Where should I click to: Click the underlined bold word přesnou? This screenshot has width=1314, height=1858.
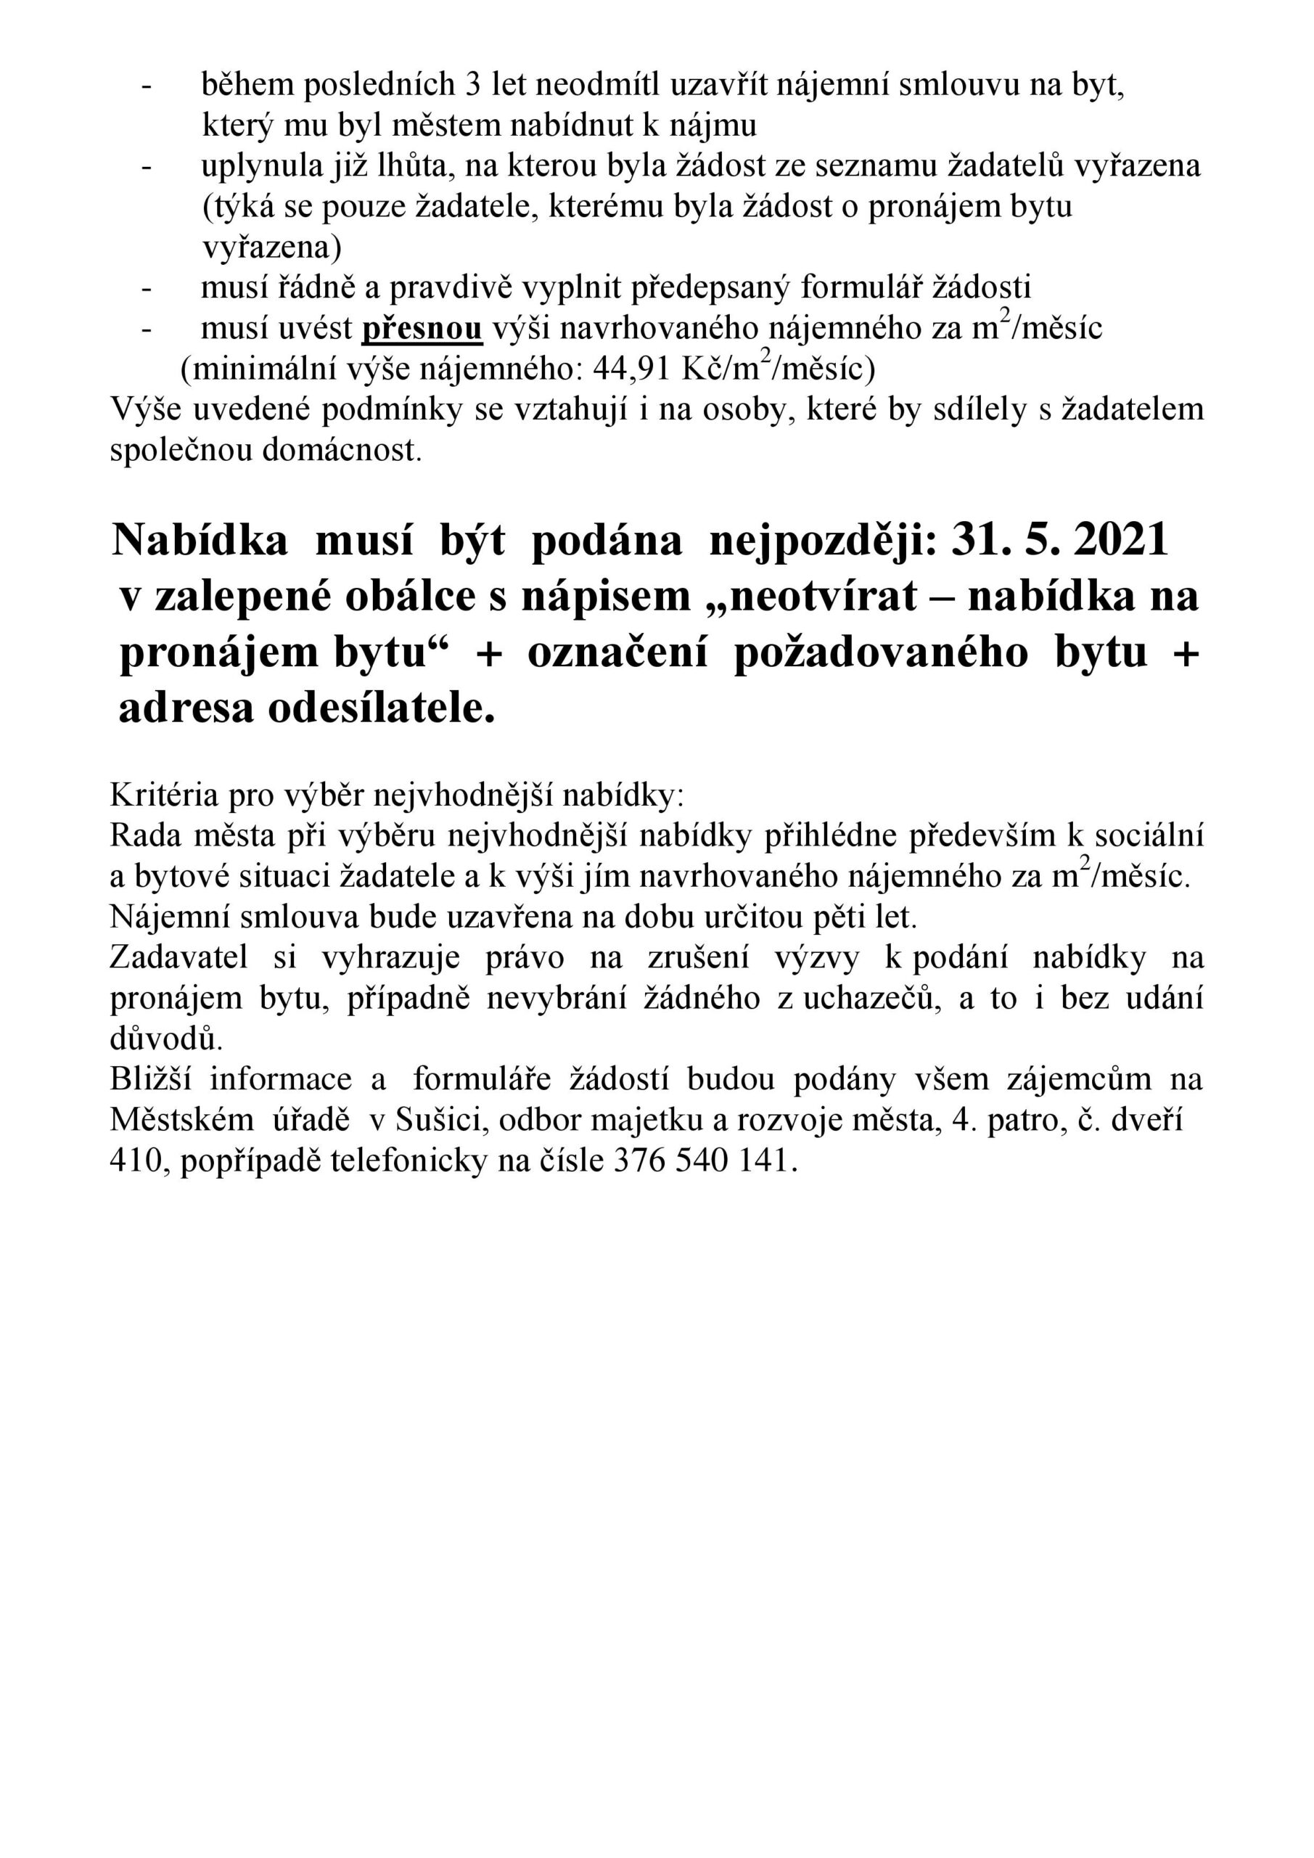click(422, 329)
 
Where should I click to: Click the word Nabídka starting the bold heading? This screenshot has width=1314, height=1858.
click(200, 540)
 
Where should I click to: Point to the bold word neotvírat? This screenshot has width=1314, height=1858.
click(817, 597)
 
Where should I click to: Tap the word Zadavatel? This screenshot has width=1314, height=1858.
click(178, 957)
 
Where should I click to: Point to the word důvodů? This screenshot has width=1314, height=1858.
click(166, 1039)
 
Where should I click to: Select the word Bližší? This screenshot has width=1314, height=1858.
click(149, 1079)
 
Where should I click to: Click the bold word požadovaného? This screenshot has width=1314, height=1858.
click(880, 652)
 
